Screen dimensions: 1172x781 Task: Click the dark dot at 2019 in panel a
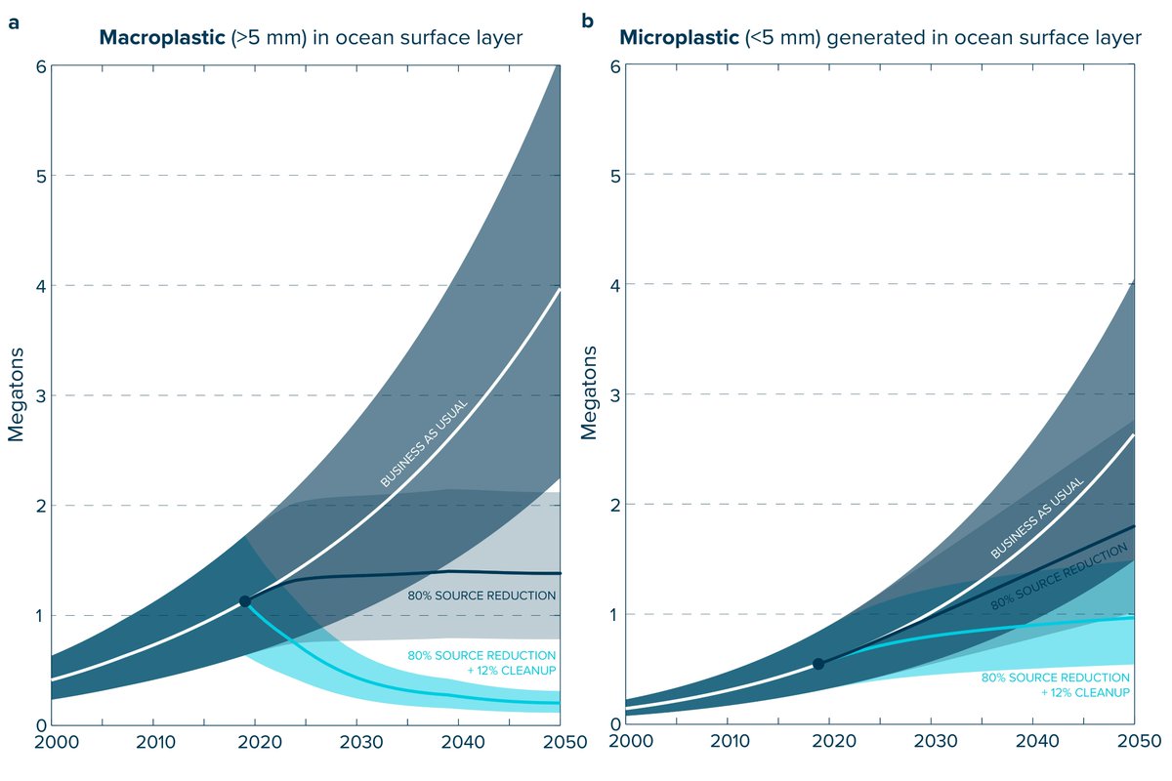[245, 601]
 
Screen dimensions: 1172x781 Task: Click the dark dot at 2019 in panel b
[818, 664]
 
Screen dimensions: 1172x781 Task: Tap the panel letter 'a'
[14, 23]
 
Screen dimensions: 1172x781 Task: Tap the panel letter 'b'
[588, 21]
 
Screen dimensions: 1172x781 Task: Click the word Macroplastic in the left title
[162, 38]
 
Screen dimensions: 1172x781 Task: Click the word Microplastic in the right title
[679, 38]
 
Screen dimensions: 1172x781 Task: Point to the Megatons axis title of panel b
[589, 392]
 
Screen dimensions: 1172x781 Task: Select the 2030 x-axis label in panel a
[361, 742]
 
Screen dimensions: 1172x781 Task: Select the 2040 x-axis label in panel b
[1037, 741]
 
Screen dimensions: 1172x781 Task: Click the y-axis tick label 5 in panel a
[41, 177]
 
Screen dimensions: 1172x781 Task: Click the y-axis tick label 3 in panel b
[615, 395]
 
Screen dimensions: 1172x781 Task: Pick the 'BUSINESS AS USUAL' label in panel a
[424, 443]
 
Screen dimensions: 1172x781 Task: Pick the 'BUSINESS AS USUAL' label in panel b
[1037, 517]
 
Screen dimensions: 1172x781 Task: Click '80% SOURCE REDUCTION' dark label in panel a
[481, 596]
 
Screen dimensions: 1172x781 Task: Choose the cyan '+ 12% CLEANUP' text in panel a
[512, 670]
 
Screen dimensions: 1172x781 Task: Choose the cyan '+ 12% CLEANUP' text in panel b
[1086, 692]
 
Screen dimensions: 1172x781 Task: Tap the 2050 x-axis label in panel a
[565, 742]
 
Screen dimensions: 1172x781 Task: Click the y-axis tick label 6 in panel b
[615, 66]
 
